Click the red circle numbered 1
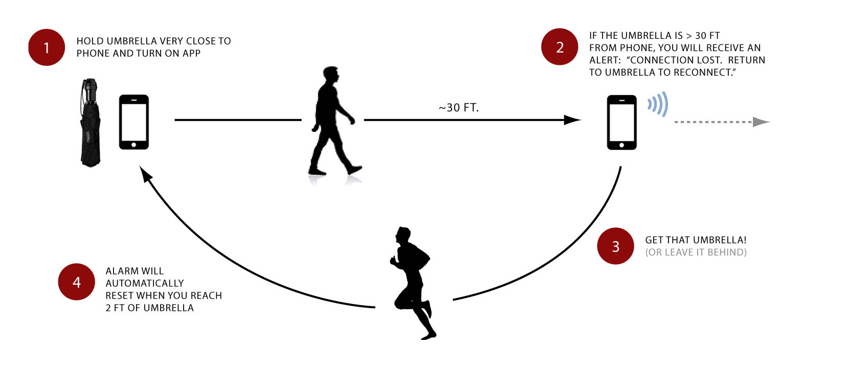point(47,48)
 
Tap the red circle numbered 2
point(560,47)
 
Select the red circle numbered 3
point(616,246)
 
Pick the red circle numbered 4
point(76,282)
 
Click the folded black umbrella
point(90,123)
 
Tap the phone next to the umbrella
point(134,122)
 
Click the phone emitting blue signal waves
point(621,123)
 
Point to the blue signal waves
point(658,104)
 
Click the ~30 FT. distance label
point(459,108)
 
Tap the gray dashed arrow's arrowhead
point(761,122)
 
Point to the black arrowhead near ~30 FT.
point(572,120)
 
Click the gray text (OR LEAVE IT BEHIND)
point(696,252)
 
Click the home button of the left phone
point(133,145)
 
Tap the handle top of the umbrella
point(91,82)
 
